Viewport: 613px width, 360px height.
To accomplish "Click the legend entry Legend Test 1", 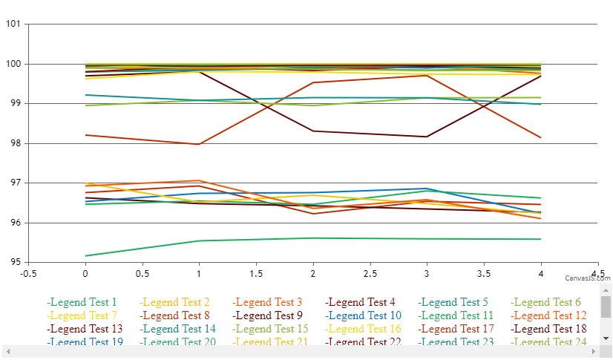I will [x=82, y=302].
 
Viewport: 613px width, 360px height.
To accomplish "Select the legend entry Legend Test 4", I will [x=360, y=302].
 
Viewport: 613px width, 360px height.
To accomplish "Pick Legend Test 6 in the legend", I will [x=545, y=302].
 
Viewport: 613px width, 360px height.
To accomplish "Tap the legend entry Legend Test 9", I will [x=360, y=315].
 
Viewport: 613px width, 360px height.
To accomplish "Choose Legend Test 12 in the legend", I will [x=548, y=315].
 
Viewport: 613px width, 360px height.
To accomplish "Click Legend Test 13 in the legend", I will [x=85, y=329].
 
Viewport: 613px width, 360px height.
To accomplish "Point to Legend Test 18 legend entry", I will [x=548, y=329].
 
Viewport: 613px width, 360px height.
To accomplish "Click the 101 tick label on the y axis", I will [x=13, y=24].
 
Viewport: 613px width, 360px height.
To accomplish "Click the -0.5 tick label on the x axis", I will [x=28, y=273].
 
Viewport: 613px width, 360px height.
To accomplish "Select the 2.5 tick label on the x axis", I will [x=370, y=273].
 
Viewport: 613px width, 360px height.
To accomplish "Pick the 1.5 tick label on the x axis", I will [x=256, y=273].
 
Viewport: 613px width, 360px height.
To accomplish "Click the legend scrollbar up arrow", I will [x=606, y=289].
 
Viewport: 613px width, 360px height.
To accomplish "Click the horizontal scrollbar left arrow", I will [x=7, y=350].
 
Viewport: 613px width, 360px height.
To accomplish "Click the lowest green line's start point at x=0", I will [x=85, y=255].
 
